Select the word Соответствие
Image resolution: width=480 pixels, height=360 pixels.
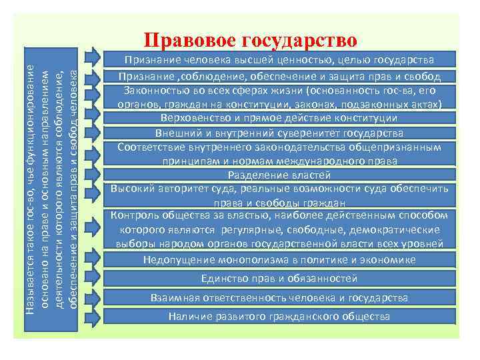151,147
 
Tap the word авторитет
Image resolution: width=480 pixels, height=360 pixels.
177,189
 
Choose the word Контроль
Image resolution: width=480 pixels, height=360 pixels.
137,215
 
